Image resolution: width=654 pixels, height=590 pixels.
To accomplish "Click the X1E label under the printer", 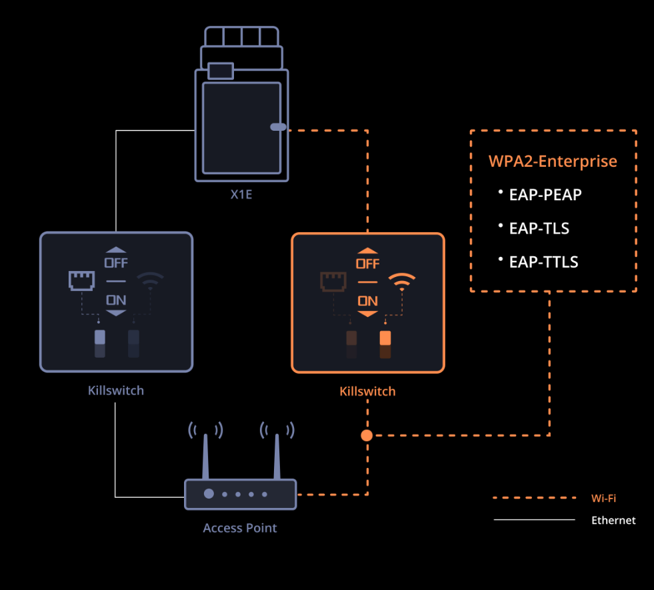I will (241, 196).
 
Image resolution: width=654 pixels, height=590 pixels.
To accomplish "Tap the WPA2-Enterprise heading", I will (553, 162).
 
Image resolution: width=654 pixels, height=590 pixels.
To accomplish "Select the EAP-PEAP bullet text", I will (545, 195).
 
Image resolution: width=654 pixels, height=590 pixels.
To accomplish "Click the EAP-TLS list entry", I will (539, 228).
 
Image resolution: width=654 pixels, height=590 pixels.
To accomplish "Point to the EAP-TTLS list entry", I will (543, 262).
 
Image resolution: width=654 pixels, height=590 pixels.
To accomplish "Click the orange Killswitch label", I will (367, 391).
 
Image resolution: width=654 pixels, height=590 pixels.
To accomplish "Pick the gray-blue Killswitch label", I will (116, 390).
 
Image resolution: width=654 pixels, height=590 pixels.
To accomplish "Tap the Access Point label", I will (240, 528).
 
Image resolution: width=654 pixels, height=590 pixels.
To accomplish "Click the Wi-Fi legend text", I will (603, 498).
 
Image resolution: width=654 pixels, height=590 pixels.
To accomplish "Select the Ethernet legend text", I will (613, 520).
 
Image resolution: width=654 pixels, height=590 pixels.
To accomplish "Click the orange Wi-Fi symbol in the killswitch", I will (401, 282).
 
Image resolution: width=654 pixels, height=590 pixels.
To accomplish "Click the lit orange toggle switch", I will (385, 338).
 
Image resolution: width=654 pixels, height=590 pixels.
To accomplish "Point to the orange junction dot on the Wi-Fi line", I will (367, 436).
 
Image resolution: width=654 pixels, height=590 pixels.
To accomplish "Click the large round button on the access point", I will (209, 494).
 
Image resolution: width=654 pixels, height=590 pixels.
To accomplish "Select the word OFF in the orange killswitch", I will (367, 264).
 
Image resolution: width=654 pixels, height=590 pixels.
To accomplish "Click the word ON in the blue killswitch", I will (116, 301).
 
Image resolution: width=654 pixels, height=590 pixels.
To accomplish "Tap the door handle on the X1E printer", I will (278, 127).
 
